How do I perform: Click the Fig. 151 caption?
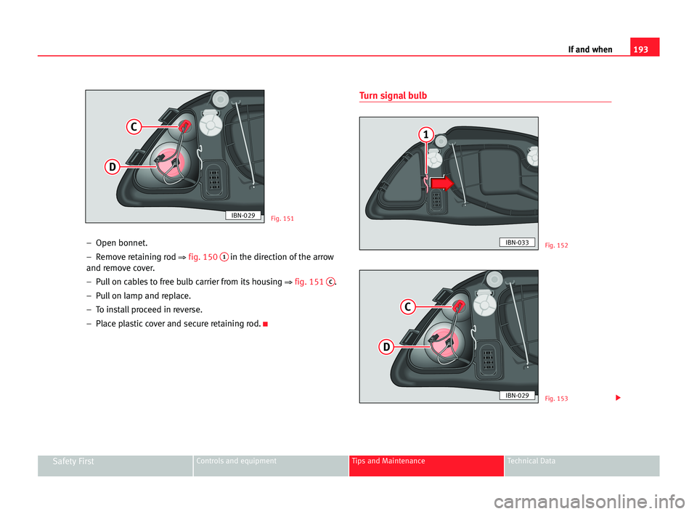pyautogui.click(x=282, y=218)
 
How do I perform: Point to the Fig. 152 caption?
pyautogui.click(x=556, y=245)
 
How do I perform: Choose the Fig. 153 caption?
pyautogui.click(x=556, y=399)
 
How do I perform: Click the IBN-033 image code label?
pyautogui.click(x=517, y=242)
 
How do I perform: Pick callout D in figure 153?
pyautogui.click(x=386, y=348)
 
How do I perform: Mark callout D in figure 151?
pyautogui.click(x=113, y=168)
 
